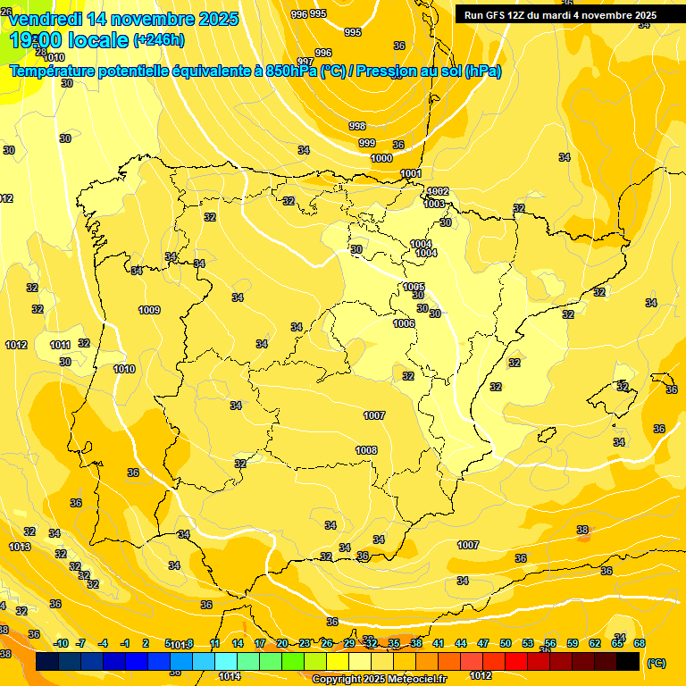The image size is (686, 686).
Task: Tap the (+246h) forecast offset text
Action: [x=158, y=40]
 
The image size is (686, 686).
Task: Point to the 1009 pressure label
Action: [x=149, y=310]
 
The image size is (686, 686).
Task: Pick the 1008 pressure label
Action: [x=366, y=450]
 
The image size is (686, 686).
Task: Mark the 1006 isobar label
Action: [x=404, y=323]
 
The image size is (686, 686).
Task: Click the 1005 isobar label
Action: [x=414, y=287]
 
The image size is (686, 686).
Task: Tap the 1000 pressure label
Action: [x=381, y=158]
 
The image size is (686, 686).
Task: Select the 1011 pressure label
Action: [x=60, y=345]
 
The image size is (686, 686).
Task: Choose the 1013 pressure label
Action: [x=20, y=547]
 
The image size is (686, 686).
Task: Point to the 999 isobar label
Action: [x=367, y=143]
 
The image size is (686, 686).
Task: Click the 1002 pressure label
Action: [x=438, y=191]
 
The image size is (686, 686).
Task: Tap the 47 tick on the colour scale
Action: [x=483, y=643]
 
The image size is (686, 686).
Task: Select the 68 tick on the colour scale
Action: [x=640, y=643]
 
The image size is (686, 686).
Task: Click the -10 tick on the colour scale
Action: [x=61, y=643]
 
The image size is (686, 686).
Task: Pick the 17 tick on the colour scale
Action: [x=260, y=643]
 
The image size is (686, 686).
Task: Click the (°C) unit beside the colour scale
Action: [x=657, y=663]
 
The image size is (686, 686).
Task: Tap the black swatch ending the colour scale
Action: [x=628, y=662]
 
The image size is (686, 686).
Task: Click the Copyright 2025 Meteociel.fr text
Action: [x=379, y=680]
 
